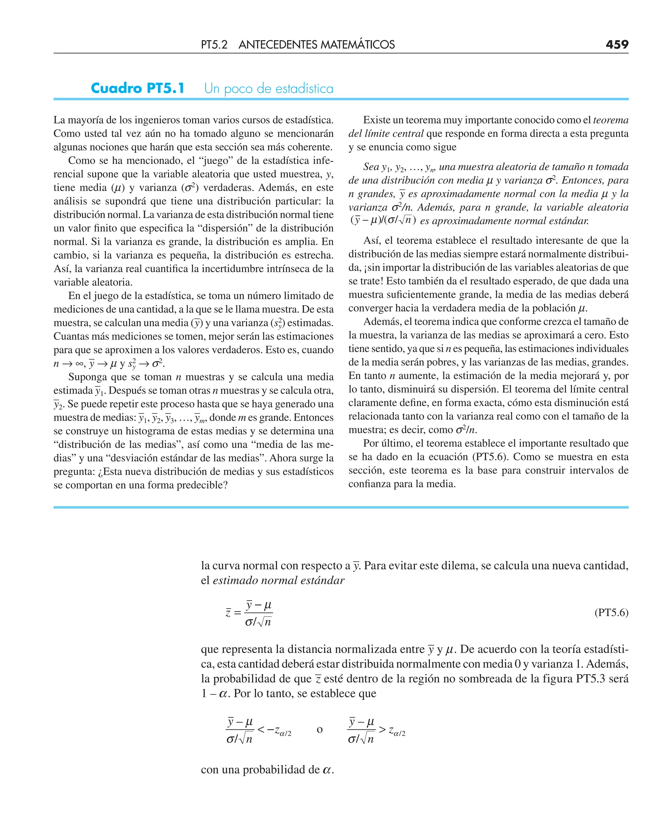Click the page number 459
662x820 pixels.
tap(617, 45)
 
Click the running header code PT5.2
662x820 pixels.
tap(214, 45)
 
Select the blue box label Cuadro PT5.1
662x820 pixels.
tap(138, 89)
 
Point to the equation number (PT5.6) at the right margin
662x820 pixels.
tap(611, 612)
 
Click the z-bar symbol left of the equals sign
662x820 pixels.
tap(228, 613)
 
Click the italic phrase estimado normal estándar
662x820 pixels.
tap(278, 580)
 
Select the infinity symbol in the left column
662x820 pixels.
tap(79, 364)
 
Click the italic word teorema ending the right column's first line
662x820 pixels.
tap(611, 120)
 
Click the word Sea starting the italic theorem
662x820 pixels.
tap(371, 167)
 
